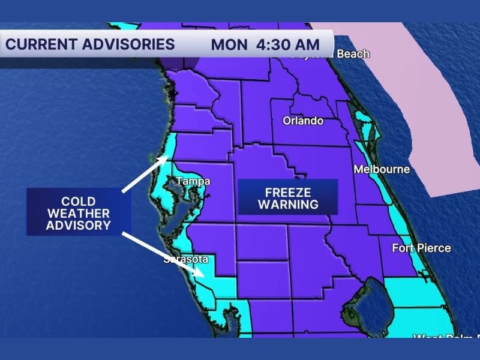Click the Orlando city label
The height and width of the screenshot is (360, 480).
click(x=303, y=121)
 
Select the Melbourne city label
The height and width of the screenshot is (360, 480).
click(x=382, y=169)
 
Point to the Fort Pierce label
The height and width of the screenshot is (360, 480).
click(x=421, y=248)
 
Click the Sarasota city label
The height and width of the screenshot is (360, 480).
click(x=186, y=259)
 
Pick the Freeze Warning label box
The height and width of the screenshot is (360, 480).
click(x=288, y=198)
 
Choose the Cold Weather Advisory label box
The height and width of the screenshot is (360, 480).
click(x=79, y=213)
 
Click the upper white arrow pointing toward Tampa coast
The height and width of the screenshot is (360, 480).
click(x=146, y=175)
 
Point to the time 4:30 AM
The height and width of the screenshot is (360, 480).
click(x=287, y=44)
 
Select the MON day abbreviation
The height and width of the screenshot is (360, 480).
click(x=229, y=44)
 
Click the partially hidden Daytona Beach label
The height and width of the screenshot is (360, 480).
click(x=330, y=55)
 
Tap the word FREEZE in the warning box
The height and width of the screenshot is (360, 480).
click(x=288, y=192)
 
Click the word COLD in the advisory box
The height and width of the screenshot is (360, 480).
click(x=79, y=201)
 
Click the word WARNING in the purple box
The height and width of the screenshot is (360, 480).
click(x=288, y=205)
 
